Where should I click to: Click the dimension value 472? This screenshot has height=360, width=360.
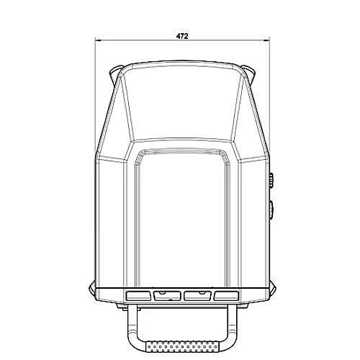pos(182,36)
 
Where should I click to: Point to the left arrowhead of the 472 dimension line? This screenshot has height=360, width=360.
pos(98,40)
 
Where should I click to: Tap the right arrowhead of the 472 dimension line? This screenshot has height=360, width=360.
pos(266,40)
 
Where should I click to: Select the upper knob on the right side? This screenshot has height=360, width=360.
pos(271,181)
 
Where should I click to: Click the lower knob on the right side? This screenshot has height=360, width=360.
pos(271,210)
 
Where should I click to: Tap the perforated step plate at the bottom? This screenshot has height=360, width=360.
pos(182,346)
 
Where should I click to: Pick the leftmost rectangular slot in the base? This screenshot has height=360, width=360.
pos(138,296)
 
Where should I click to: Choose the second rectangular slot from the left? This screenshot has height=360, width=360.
pos(167,296)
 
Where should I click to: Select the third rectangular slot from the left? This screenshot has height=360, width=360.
pos(197,296)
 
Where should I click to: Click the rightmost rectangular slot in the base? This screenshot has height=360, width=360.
pos(226,296)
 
